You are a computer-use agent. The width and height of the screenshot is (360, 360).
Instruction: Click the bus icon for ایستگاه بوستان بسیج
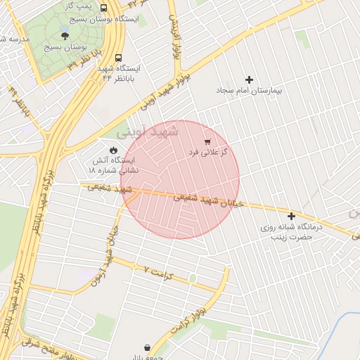click(x=104, y=8)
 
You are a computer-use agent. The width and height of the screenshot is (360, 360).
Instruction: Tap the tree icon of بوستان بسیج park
click(x=65, y=34)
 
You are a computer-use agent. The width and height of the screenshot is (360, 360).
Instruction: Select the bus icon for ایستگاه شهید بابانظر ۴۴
click(x=117, y=57)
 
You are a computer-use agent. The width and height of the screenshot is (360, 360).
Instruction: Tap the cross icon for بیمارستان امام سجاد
click(x=249, y=79)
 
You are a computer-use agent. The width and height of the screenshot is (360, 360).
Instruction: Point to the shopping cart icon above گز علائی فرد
click(x=207, y=141)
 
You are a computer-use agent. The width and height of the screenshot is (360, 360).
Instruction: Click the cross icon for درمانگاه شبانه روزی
click(x=292, y=216)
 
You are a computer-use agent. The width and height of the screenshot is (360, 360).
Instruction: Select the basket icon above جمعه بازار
click(x=147, y=347)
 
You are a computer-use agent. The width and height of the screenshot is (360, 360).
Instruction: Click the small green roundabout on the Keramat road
click(x=192, y=279)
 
